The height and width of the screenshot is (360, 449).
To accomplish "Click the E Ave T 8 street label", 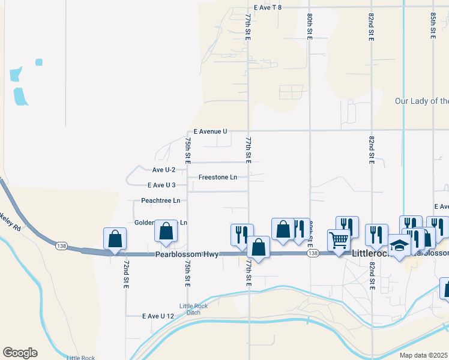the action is coord(267,7).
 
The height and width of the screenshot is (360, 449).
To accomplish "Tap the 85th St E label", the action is coord(433,26).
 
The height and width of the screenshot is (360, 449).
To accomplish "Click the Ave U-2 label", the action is coord(163,170).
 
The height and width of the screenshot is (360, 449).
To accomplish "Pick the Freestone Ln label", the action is coord(218,178).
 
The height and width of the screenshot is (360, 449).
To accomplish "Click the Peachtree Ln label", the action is coord(160,200).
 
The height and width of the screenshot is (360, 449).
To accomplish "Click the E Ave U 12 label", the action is coord(158,316).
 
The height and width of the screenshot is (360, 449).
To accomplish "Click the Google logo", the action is coord(20,353).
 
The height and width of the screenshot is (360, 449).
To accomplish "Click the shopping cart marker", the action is coord(339,241).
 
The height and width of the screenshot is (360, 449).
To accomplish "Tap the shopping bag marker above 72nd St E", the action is coord(115,238).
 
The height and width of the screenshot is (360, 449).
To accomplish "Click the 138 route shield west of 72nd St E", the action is coord(60,246).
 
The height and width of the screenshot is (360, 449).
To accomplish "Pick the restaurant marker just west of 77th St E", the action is coord(242,234).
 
